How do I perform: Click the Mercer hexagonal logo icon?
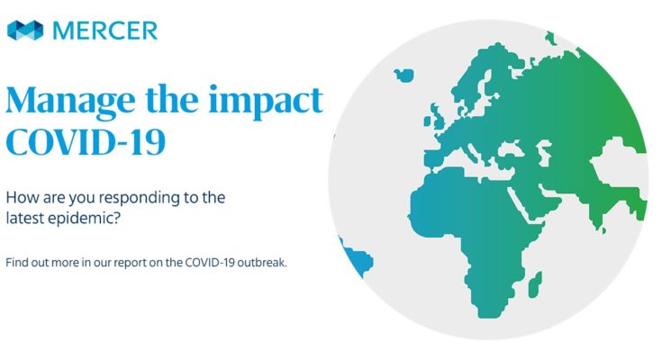[x=25, y=31]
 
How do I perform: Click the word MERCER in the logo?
[x=104, y=31]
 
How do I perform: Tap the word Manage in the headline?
[x=70, y=102]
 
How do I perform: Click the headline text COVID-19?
[x=86, y=142]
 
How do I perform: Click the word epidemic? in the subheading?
[x=90, y=219]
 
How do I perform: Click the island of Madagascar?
[x=535, y=284]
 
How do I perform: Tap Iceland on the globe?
[x=404, y=75]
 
